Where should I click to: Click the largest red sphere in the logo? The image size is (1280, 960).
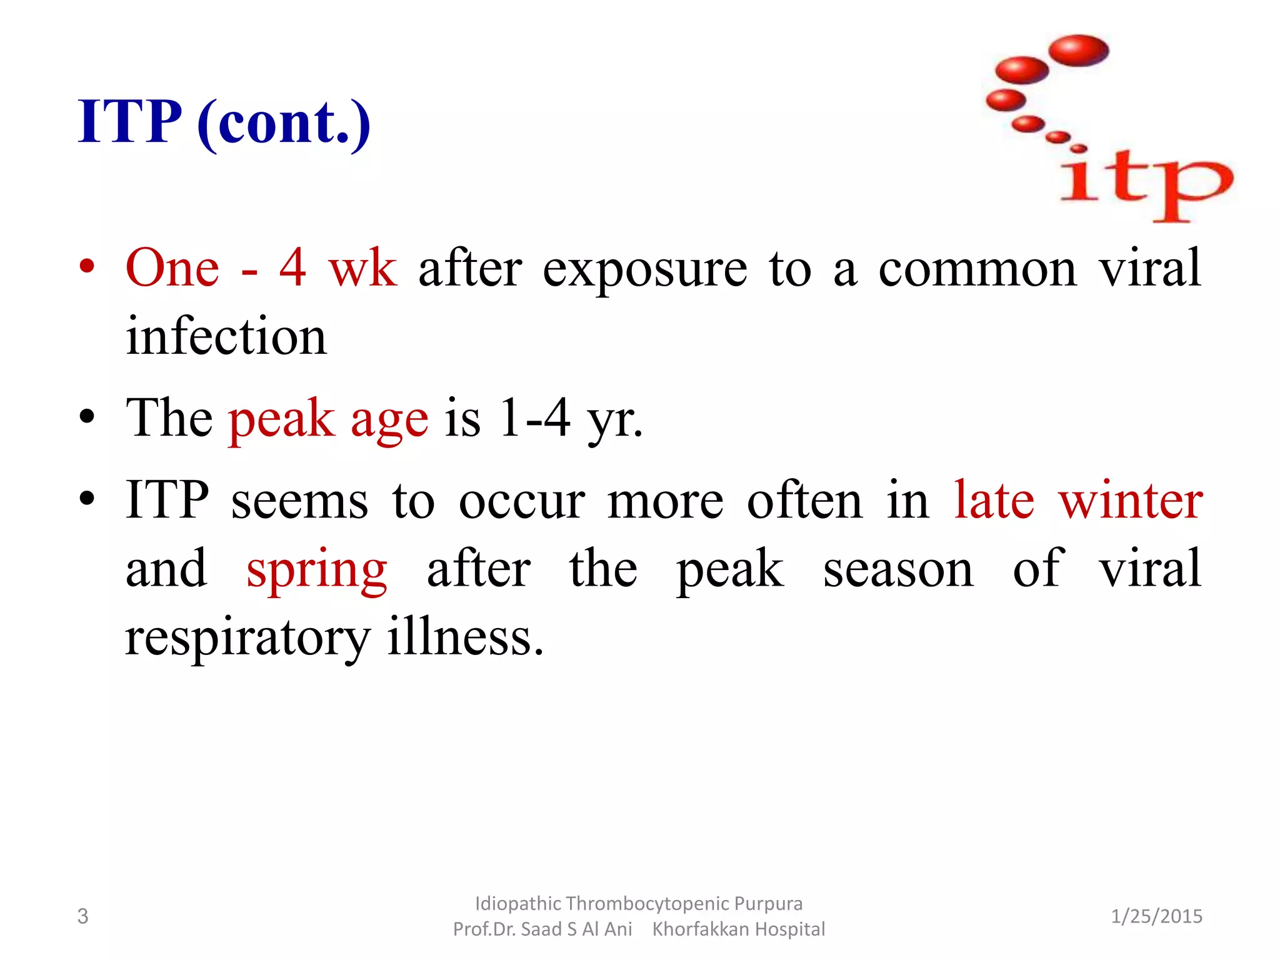1078,51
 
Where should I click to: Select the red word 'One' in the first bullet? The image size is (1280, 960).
172,268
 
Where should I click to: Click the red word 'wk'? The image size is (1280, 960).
362,268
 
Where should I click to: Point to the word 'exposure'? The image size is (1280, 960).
644,271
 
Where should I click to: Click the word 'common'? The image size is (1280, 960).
977,271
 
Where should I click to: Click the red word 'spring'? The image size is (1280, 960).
317,571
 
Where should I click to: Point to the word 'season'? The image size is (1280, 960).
898,569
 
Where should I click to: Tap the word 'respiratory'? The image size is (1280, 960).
247,639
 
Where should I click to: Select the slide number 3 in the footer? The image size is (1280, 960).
82,916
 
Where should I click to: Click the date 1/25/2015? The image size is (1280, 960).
1156,916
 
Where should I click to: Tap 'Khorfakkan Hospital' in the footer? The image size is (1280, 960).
738,929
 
